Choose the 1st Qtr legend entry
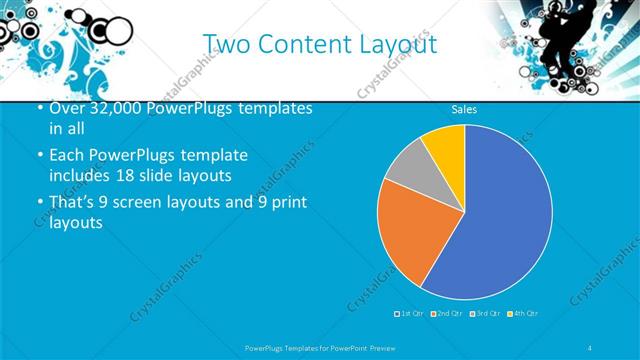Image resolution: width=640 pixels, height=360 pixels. point(411,314)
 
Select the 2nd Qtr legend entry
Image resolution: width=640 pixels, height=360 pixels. point(446,314)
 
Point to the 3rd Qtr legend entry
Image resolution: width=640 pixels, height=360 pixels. point(483,314)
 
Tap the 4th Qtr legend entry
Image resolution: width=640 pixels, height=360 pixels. point(521,314)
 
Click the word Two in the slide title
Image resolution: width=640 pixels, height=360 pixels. point(222,45)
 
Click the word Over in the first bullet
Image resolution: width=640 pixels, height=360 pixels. point(65,108)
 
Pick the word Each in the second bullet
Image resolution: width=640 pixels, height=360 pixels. point(66,156)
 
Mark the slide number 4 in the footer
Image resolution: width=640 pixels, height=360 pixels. point(590,347)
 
